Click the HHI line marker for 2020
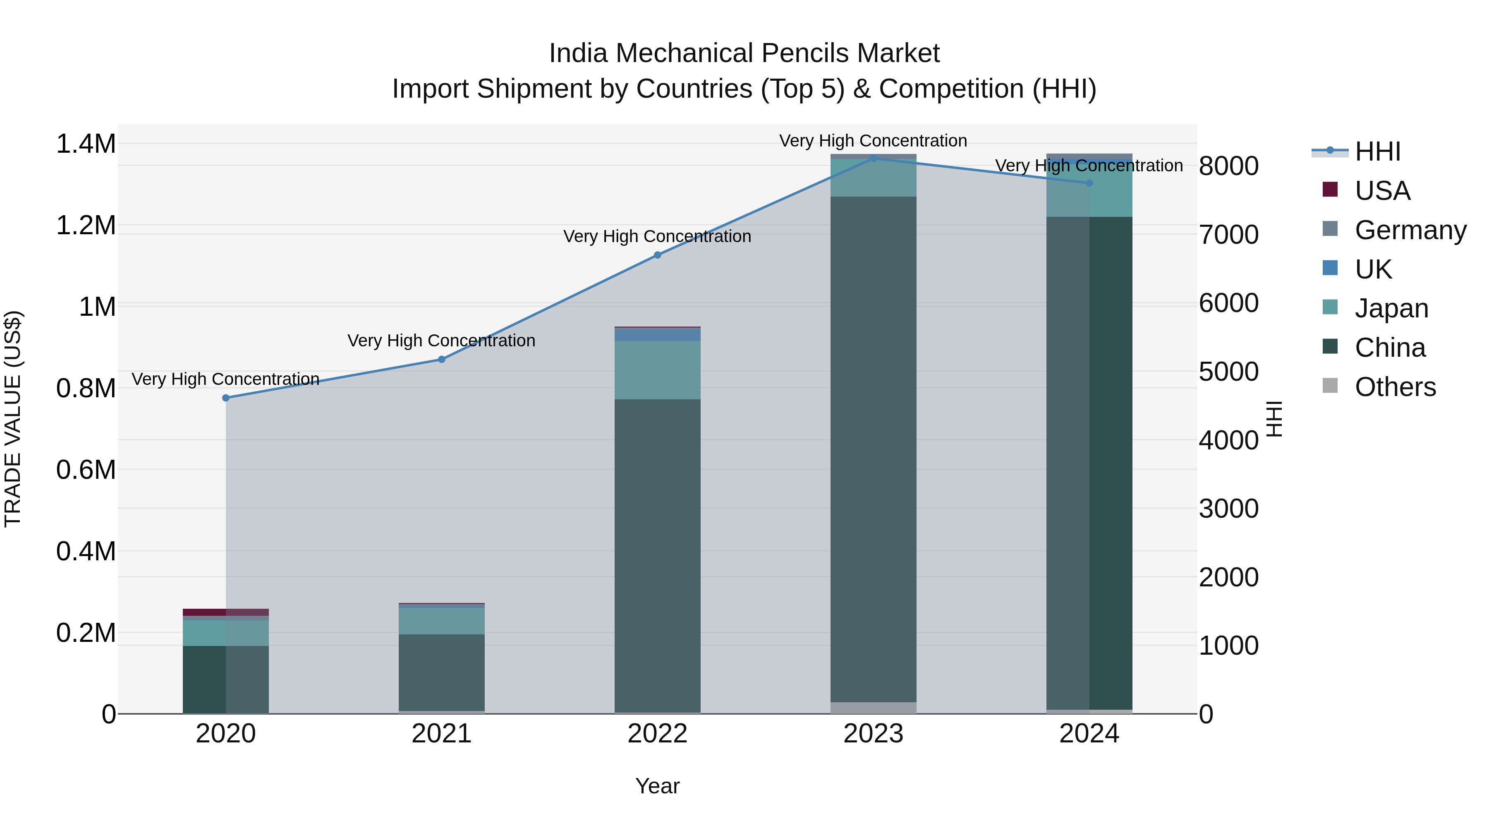point(226,398)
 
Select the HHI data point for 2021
point(442,359)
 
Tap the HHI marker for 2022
point(657,255)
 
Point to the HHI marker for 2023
point(874,158)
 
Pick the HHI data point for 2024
point(1089,183)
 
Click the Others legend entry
point(1395,387)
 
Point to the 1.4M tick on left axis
point(86,144)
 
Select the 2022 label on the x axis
point(657,734)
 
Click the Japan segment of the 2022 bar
point(657,370)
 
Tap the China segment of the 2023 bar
point(874,451)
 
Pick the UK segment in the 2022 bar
point(657,334)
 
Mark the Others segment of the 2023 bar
point(874,708)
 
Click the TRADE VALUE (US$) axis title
point(13,419)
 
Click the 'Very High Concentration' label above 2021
point(442,341)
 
